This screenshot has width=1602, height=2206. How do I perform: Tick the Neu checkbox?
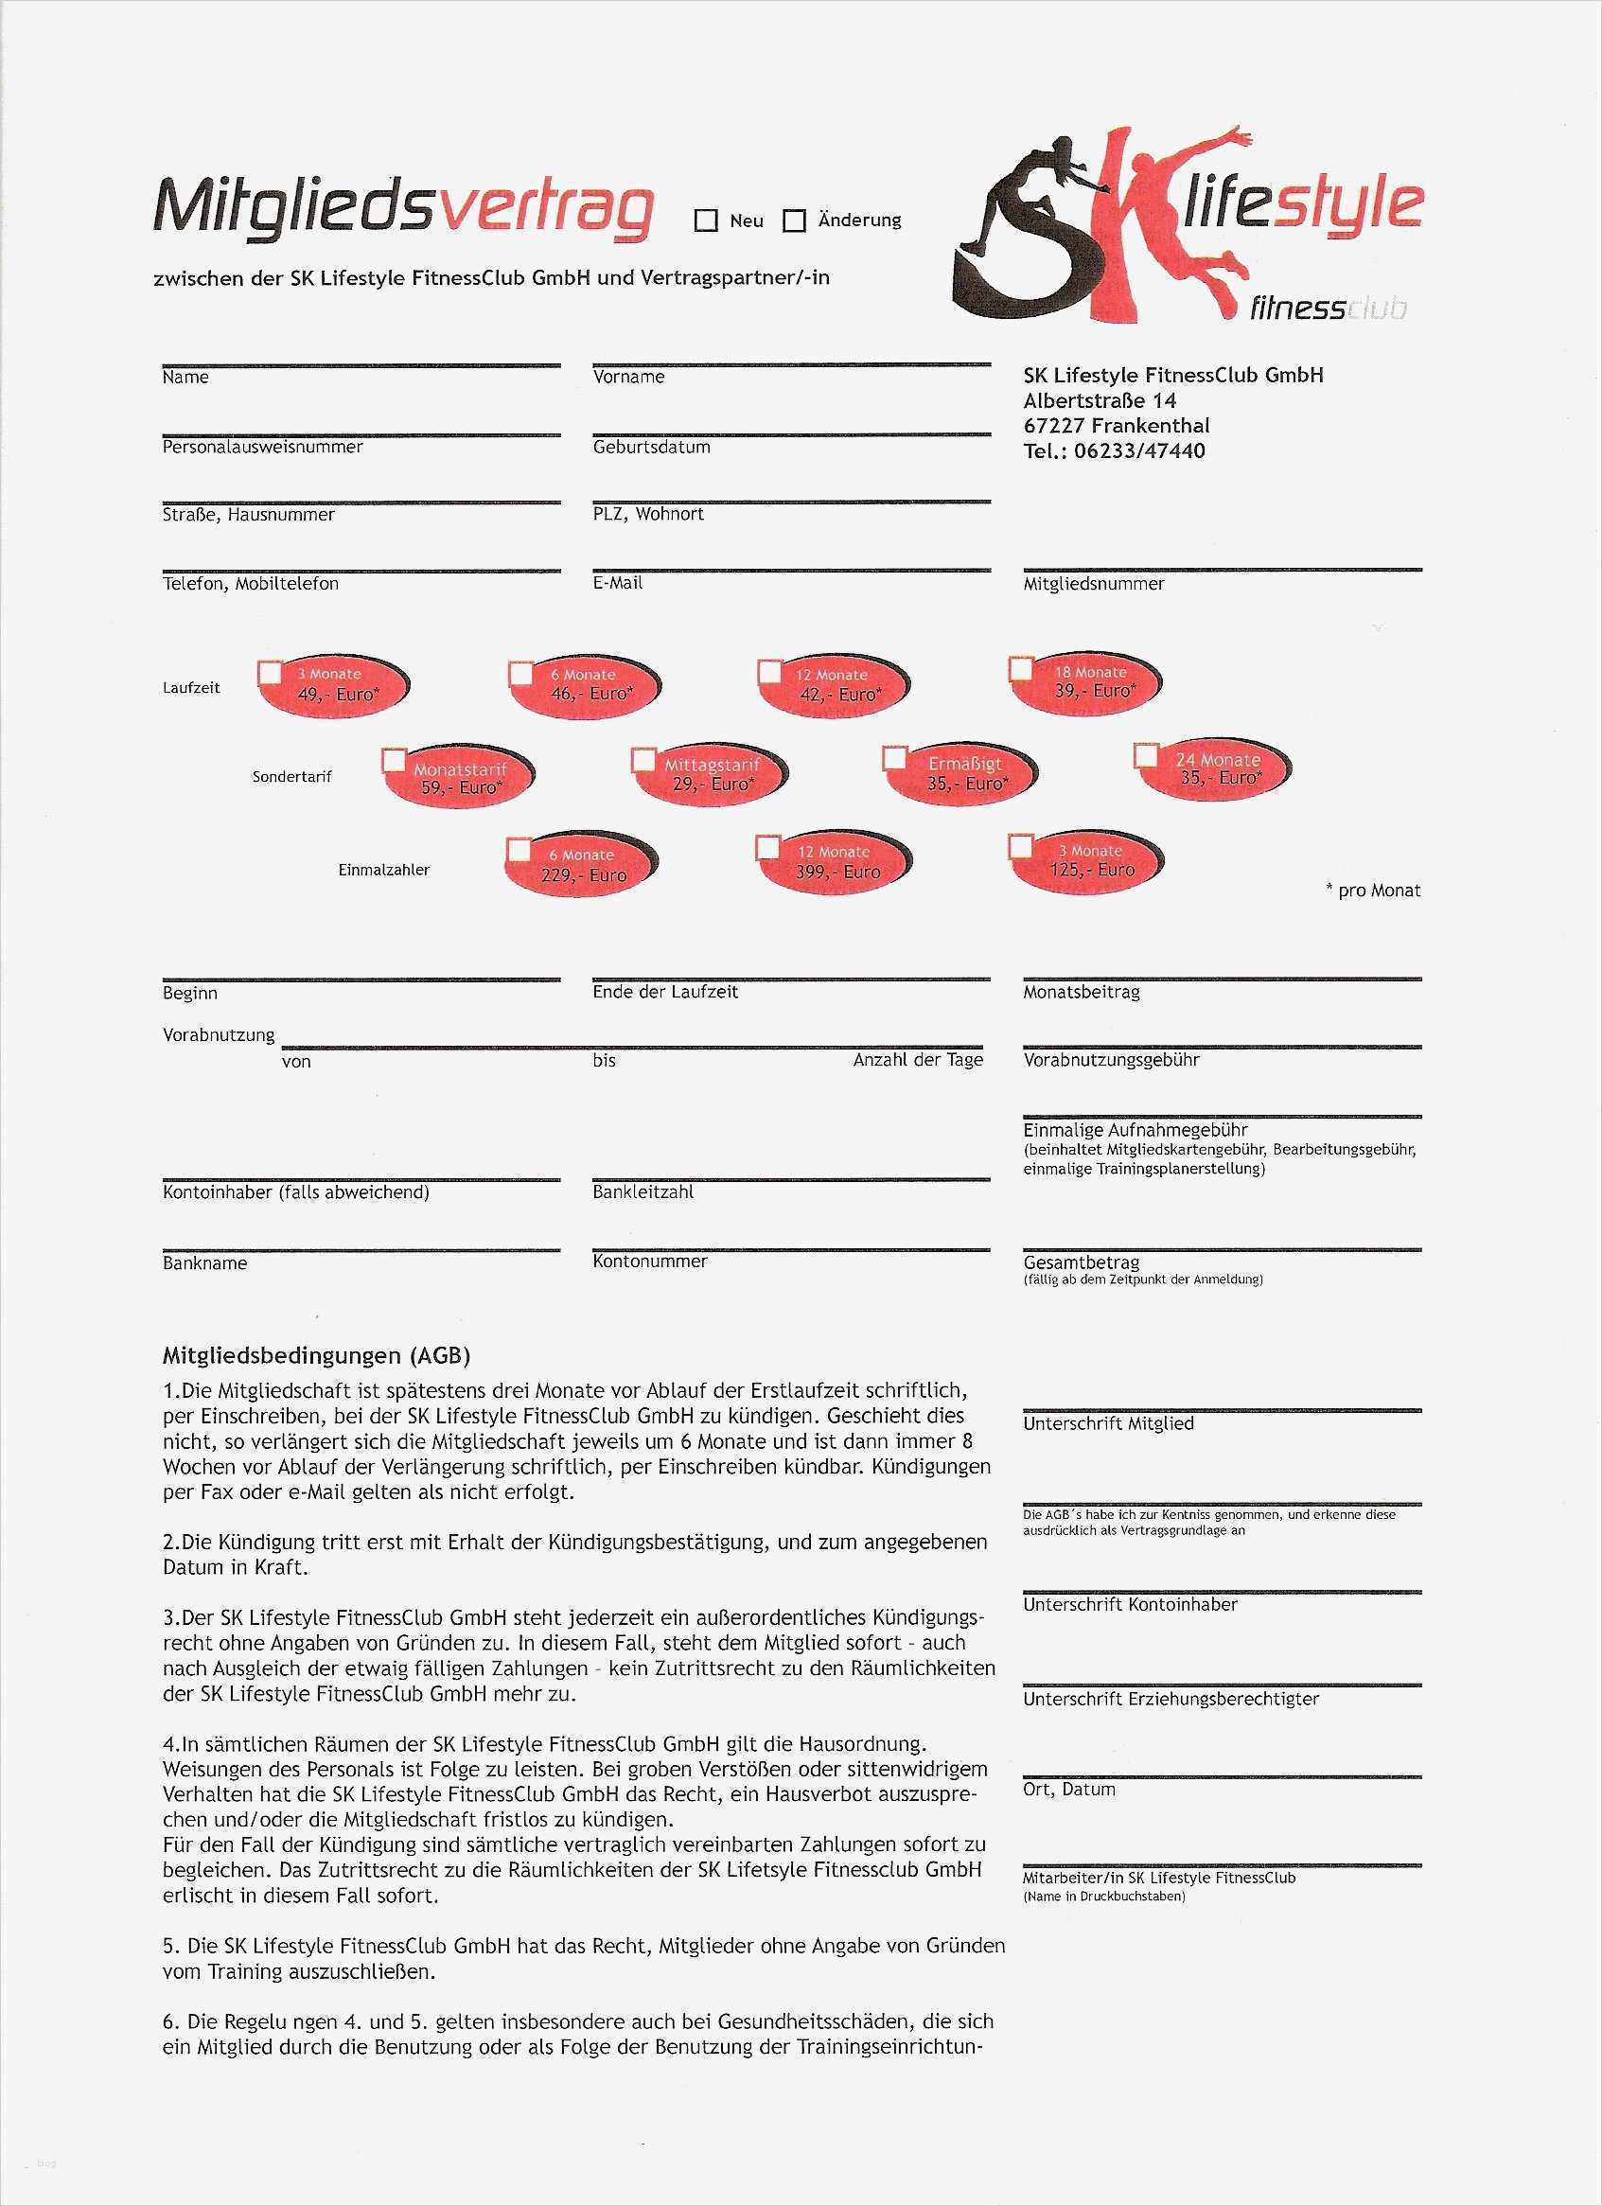[x=705, y=221]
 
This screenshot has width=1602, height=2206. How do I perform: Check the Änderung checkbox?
[x=795, y=221]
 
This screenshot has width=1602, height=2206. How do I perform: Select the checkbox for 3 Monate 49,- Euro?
[x=270, y=672]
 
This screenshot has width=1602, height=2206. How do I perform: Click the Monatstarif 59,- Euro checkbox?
[x=393, y=760]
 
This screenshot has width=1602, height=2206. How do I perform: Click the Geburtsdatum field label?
[x=652, y=448]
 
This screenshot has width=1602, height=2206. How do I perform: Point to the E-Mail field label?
[x=618, y=583]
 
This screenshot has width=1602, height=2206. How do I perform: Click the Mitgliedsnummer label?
[x=1093, y=584]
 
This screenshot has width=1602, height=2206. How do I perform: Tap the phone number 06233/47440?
[x=1139, y=451]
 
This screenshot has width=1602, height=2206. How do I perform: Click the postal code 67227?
[x=1052, y=426]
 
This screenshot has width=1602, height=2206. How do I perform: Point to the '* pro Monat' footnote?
[x=1372, y=890]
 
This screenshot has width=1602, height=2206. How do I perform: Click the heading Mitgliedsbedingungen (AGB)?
[x=316, y=1354]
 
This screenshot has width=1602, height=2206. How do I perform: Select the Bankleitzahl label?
[x=643, y=1191]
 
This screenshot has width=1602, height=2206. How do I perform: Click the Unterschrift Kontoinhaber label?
[x=1130, y=1604]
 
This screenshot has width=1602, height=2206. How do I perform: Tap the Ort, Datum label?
[x=1069, y=1789]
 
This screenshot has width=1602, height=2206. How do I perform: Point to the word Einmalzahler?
[x=384, y=870]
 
